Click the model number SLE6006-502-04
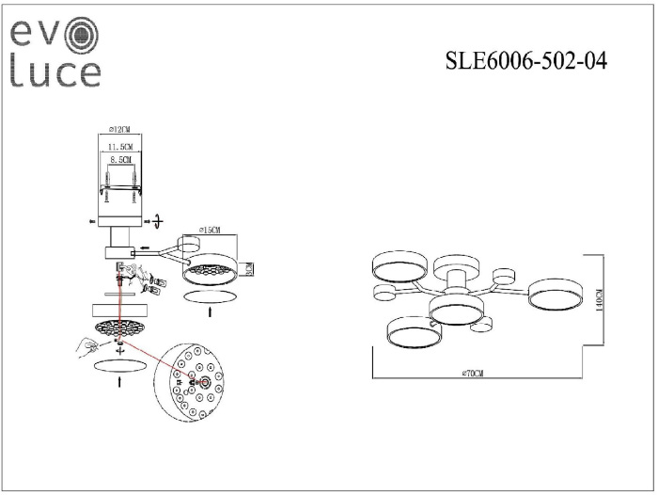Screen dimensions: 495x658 [525, 62]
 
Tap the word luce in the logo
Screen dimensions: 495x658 [55, 72]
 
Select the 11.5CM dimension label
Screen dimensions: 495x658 [119, 148]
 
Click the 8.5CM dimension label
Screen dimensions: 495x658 [120, 161]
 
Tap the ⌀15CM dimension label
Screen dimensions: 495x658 [210, 230]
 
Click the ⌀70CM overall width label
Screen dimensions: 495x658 [473, 375]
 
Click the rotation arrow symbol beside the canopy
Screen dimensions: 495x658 [157, 220]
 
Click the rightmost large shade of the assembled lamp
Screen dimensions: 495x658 [555, 295]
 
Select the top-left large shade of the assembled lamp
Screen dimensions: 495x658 [399, 266]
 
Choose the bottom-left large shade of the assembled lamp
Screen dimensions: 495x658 [412, 332]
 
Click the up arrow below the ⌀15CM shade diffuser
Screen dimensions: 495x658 [209, 309]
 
